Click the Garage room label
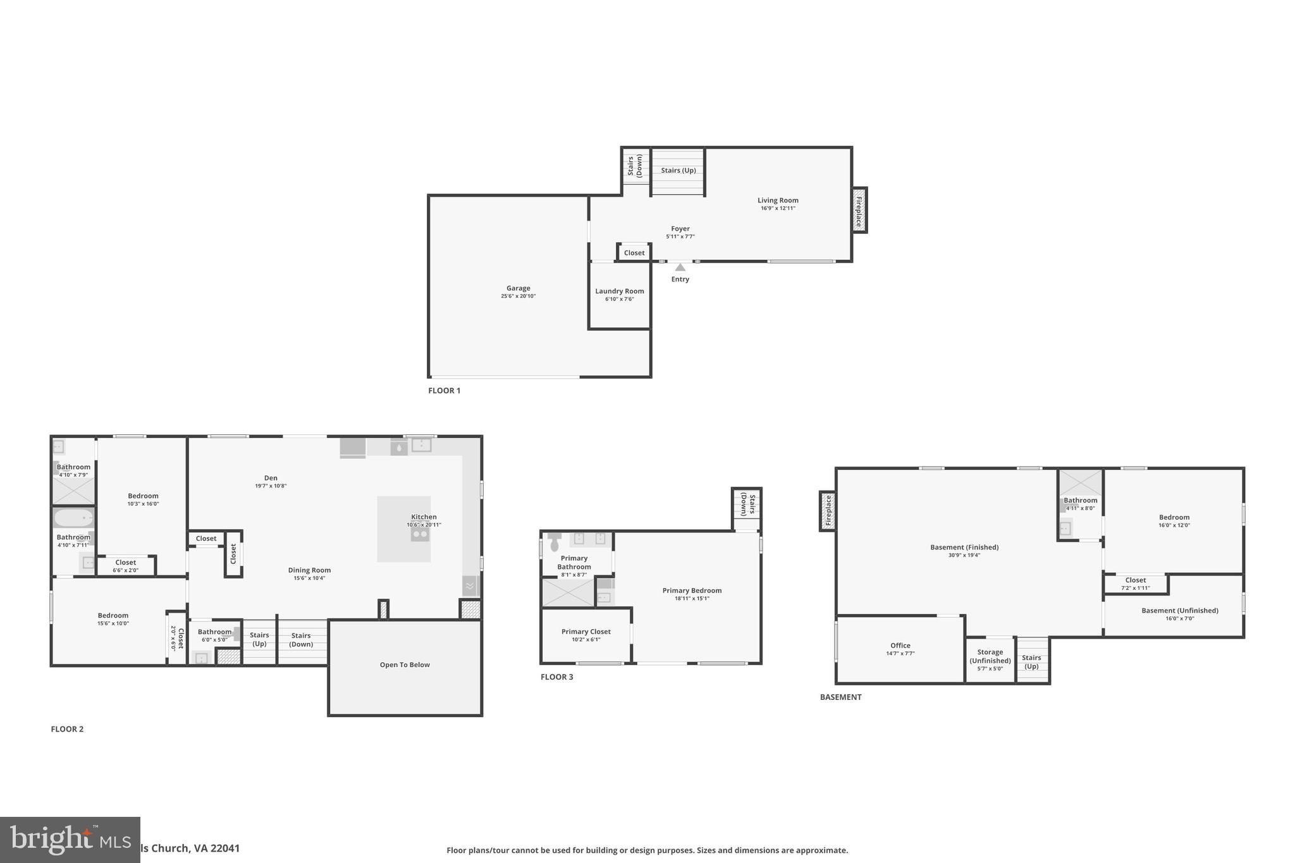518,288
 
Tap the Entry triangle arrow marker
680,267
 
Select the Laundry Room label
619,291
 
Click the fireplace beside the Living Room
859,210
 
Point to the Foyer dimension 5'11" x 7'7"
680,236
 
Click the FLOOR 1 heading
444,391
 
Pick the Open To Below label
405,665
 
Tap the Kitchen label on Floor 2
424,517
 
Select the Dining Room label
309,570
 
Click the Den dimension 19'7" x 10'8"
271,486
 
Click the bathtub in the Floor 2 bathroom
73,518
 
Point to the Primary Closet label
586,632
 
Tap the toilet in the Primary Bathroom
555,541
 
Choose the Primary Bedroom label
692,591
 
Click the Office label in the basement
900,646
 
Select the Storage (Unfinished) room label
990,656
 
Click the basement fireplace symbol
828,511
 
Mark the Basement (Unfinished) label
1179,611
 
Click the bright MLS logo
70,840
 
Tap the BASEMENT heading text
840,697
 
